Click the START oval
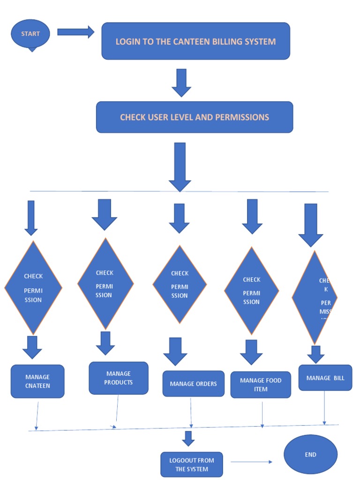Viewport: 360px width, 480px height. pyautogui.click(x=30, y=34)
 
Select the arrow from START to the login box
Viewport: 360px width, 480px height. pyautogui.click(x=75, y=32)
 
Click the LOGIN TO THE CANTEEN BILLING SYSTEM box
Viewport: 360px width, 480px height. pyautogui.click(x=195, y=41)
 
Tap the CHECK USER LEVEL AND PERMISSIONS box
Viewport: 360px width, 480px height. pyautogui.click(x=195, y=117)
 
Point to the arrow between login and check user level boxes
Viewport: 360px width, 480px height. pyautogui.click(x=181, y=82)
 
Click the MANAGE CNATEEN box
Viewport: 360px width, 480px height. pyautogui.click(x=37, y=381)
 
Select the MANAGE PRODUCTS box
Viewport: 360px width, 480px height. pyautogui.click(x=119, y=378)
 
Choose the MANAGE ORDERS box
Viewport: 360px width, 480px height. pyautogui.click(x=193, y=383)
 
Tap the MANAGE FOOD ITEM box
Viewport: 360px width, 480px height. pyautogui.click(x=261, y=384)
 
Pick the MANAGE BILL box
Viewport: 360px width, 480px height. pyautogui.click(x=325, y=378)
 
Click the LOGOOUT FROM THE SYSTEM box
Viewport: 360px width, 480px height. pyautogui.click(x=192, y=465)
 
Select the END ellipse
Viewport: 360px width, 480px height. pyautogui.click(x=310, y=454)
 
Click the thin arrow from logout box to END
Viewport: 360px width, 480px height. pyautogui.click(x=251, y=462)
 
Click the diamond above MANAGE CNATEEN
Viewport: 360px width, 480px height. pyautogui.click(x=33, y=287)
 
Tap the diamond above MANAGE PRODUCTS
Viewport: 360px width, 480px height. pyautogui.click(x=105, y=284)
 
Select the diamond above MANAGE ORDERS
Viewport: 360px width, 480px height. pyautogui.click(x=180, y=284)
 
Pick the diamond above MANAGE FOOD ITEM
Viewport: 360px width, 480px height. pyautogui.click(x=251, y=290)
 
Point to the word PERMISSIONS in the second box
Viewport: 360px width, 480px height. pyautogui.click(x=242, y=117)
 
